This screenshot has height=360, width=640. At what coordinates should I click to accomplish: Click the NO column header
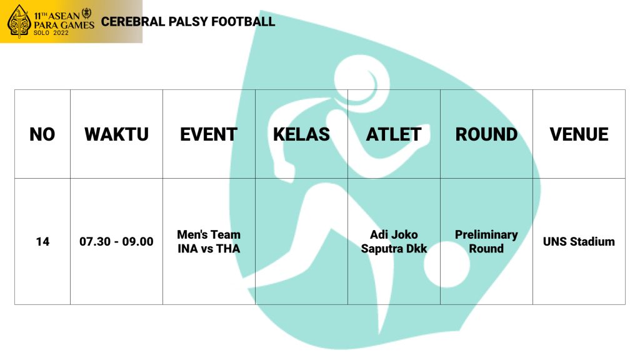coord(42,134)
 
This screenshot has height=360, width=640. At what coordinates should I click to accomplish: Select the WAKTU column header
coord(116,134)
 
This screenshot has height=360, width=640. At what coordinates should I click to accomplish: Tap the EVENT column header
coord(209,134)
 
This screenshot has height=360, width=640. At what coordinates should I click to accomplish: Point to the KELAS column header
coord(301,134)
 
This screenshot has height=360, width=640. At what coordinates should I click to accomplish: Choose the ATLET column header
coord(394,134)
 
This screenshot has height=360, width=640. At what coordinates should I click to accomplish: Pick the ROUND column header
coord(486,134)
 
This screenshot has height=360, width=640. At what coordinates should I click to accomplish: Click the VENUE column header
coord(579,134)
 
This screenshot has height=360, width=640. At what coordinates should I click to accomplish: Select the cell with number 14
coord(42,242)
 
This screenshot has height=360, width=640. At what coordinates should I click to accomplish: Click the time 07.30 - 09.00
coord(116,242)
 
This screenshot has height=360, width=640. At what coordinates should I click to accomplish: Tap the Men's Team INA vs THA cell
coord(209,242)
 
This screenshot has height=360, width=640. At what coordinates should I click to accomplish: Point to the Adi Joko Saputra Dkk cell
coord(394,242)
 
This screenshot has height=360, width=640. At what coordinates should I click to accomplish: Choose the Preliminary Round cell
coord(486,242)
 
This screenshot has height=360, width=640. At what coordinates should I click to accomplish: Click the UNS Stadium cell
coord(579,242)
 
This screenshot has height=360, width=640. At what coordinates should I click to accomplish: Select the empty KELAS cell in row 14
coord(301,242)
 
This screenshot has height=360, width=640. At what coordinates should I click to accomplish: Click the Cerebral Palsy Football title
coord(187,22)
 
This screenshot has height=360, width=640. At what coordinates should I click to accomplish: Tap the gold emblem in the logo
coord(19,22)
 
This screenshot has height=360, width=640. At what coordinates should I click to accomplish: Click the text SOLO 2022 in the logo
coord(51,32)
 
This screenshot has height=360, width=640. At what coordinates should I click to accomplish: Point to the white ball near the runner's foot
coord(447,264)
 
